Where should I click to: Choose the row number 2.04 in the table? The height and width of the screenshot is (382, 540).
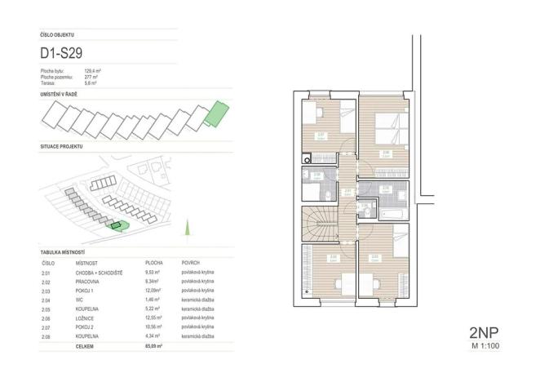tap(45, 300)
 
